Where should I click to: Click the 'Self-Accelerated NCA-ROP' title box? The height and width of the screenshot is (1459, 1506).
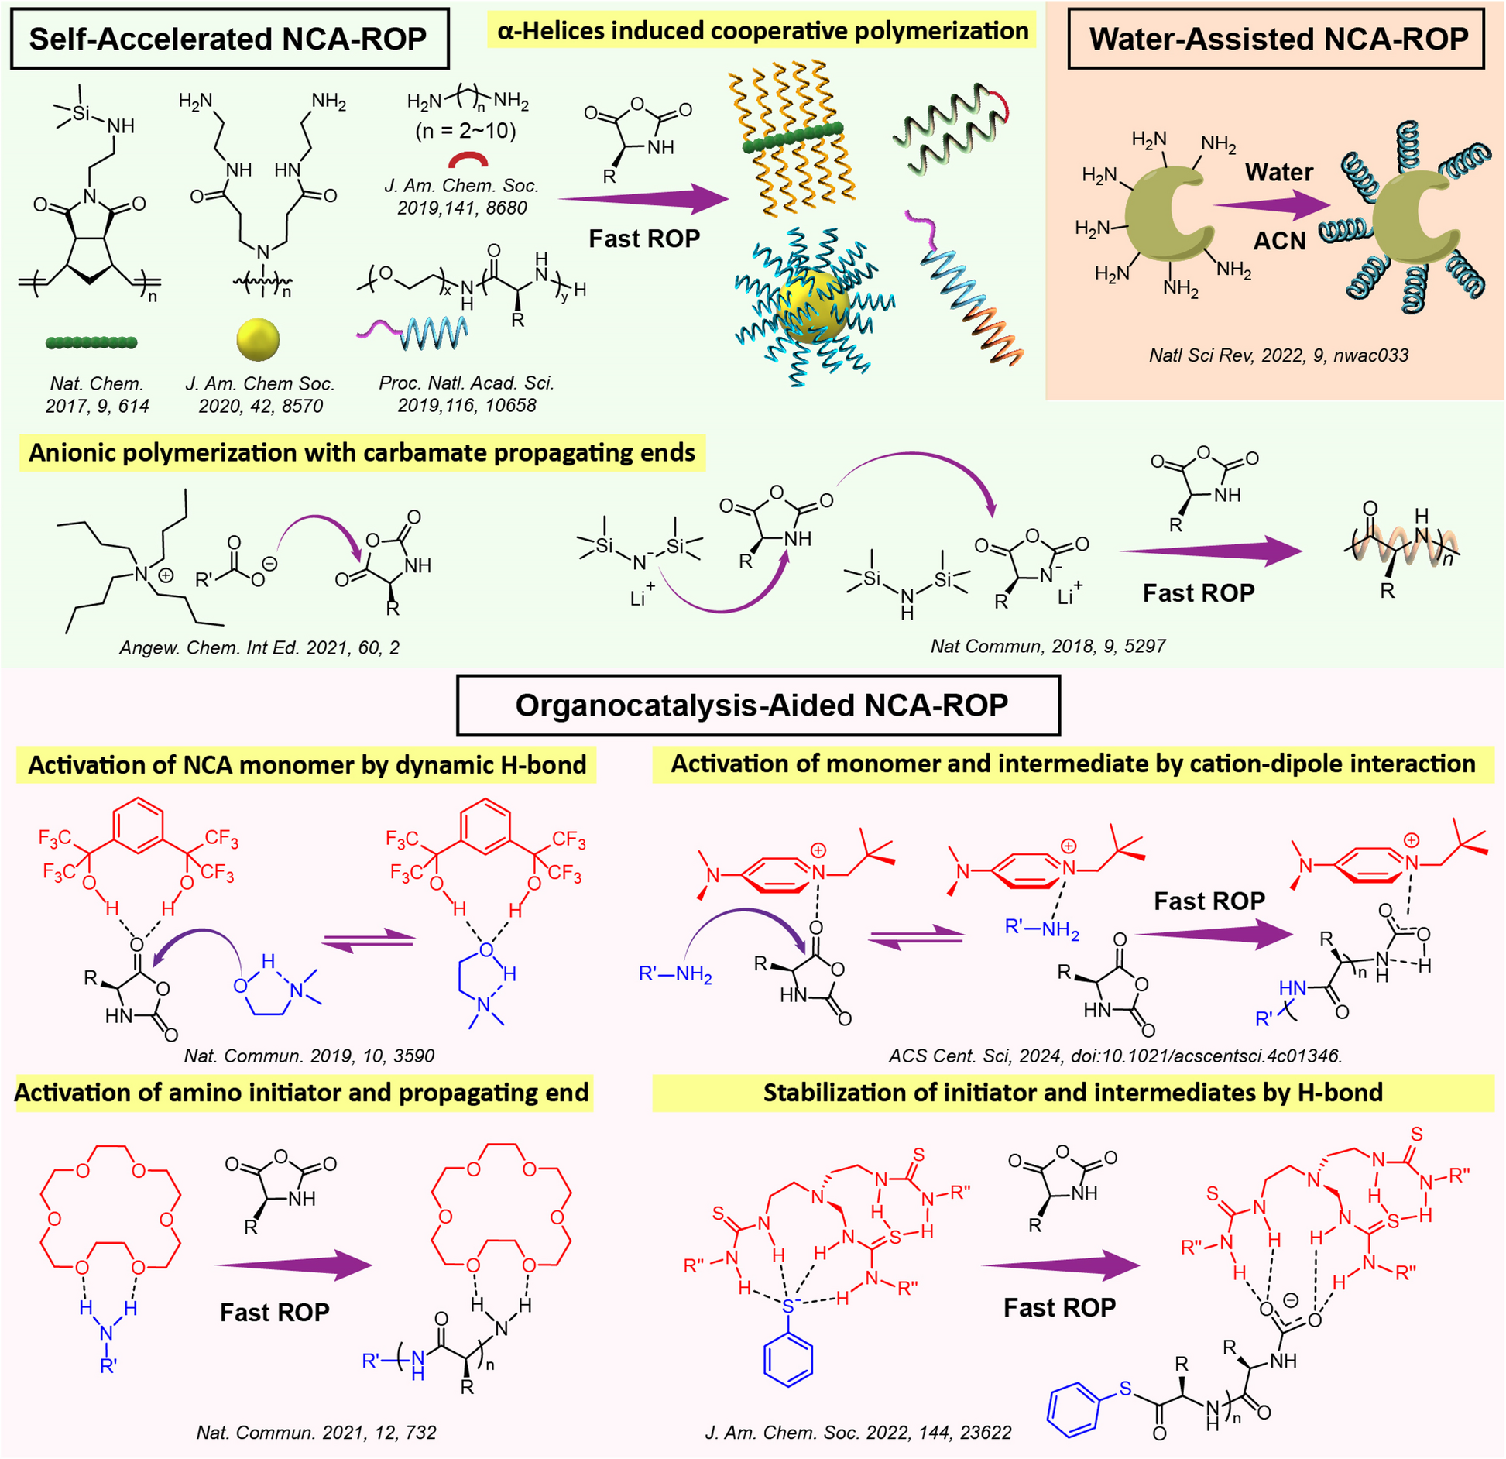click(229, 39)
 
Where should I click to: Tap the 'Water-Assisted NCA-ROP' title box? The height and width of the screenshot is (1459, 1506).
click(1277, 39)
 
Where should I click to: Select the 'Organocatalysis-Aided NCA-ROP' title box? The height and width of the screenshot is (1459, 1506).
click(758, 705)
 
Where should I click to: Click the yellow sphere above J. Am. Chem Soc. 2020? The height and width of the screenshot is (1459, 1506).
click(257, 339)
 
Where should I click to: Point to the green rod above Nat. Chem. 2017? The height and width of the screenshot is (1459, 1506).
click(91, 342)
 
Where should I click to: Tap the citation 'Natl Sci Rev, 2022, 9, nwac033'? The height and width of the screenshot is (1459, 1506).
click(1278, 355)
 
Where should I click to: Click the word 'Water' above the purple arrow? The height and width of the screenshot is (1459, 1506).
click(1278, 172)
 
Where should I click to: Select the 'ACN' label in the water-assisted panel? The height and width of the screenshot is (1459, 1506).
click(1279, 241)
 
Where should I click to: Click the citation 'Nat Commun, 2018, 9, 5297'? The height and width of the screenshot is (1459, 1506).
click(1047, 646)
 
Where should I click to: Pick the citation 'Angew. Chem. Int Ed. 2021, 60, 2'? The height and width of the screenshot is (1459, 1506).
click(259, 647)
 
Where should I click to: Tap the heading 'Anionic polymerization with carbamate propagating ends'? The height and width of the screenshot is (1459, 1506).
click(362, 453)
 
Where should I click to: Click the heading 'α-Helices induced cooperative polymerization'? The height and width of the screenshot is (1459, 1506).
click(762, 31)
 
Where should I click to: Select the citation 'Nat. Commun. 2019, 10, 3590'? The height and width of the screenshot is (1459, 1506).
click(309, 1056)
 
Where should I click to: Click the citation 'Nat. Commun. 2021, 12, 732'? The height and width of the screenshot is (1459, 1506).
click(316, 1432)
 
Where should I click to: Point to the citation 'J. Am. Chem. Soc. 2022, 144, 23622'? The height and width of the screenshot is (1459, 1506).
click(858, 1432)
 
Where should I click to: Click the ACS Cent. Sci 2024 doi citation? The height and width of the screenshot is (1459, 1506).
click(1115, 1056)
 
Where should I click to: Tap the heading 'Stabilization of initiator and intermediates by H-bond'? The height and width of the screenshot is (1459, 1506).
click(1072, 1093)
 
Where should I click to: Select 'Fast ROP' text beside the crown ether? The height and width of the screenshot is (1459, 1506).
click(275, 1312)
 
